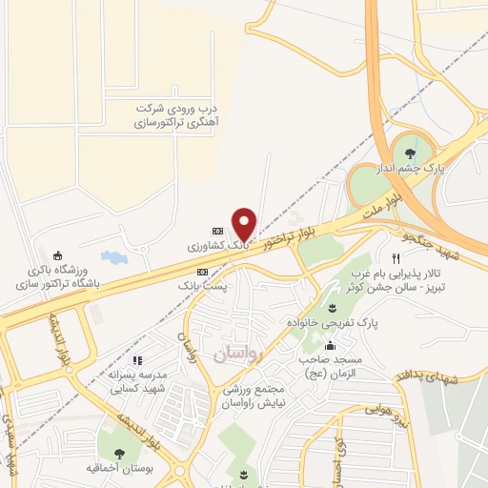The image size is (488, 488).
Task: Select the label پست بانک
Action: (x=202, y=284)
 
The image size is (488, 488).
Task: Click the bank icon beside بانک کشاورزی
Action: (x=217, y=231)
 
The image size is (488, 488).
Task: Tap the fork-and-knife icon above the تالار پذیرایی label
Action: (x=396, y=258)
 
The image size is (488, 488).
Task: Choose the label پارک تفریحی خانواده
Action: (x=334, y=323)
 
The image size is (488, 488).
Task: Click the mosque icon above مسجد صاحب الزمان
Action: (x=331, y=346)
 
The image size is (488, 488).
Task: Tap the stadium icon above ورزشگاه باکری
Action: (x=58, y=254)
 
